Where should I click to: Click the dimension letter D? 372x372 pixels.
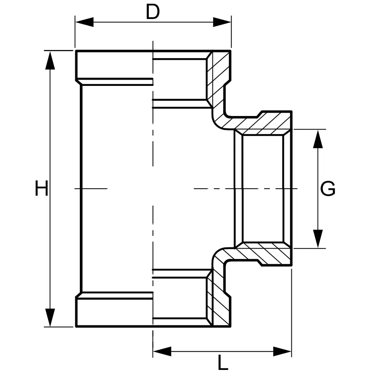pyautogui.click(x=153, y=12)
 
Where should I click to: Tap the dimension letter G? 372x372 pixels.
pyautogui.click(x=328, y=189)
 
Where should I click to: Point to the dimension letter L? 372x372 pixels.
pyautogui.click(x=223, y=363)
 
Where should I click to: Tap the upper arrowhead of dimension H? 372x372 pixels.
pyautogui.click(x=50, y=60)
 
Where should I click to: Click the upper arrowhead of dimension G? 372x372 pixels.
pyautogui.click(x=317, y=139)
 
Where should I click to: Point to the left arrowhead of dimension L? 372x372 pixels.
pyautogui.click(x=162, y=351)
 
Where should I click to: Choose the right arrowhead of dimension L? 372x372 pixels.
pyautogui.click(x=283, y=351)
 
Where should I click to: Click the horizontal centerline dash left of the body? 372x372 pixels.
pyautogui.click(x=91, y=189)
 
